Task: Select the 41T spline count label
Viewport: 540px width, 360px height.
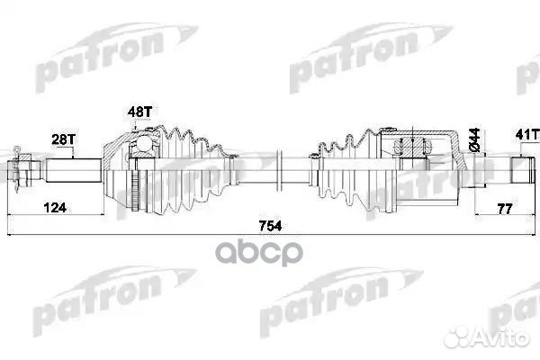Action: (524, 136)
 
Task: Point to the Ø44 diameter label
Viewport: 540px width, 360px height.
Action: (472, 139)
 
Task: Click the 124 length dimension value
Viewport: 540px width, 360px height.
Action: (56, 209)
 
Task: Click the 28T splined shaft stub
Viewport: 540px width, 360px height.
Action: (72, 169)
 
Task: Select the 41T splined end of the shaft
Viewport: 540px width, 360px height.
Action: (524, 168)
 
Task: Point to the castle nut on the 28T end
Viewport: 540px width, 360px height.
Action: (24, 168)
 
